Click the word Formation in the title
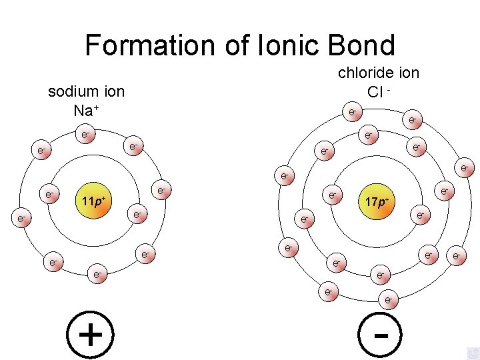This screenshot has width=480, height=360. coord(147,45)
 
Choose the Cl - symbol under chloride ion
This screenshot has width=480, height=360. coord(378,91)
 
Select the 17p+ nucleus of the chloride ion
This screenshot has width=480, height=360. coord(377,200)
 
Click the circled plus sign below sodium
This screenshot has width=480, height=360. coord(90,333)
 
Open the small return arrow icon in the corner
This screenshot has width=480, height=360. coord(473,353)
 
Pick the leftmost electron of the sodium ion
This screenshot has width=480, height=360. coord(21,218)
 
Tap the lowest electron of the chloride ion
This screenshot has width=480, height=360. coord(388,301)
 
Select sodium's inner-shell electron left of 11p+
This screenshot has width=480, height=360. coord(49,195)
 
